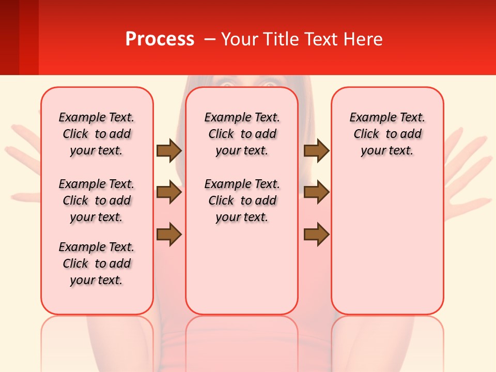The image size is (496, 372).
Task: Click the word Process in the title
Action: click(x=160, y=39)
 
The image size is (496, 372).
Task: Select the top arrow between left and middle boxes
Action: click(x=169, y=151)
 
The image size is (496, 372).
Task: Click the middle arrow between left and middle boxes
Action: click(x=169, y=193)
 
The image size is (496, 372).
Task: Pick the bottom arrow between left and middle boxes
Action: click(x=169, y=235)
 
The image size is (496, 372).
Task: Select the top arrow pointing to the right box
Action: click(x=316, y=151)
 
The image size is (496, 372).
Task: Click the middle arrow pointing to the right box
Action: click(x=316, y=193)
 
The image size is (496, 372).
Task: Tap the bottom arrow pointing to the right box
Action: click(x=316, y=235)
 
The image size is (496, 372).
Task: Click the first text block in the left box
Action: click(x=97, y=134)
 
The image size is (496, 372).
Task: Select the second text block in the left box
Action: click(x=97, y=200)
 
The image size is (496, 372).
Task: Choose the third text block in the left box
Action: click(x=97, y=263)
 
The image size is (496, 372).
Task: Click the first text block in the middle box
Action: click(x=242, y=134)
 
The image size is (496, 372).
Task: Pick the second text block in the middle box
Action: click(x=242, y=200)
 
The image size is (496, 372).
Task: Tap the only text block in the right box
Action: click(x=387, y=134)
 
